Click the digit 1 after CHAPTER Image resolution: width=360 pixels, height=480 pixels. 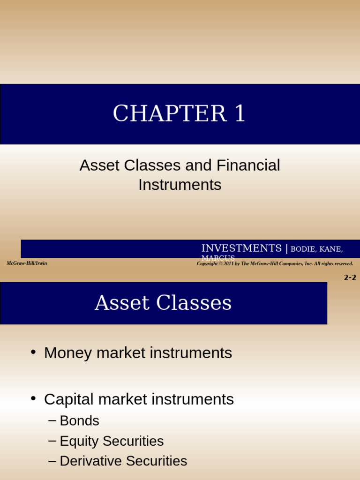[239, 114]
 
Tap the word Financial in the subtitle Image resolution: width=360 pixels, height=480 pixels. [248, 165]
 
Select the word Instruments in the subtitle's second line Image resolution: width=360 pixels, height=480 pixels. [180, 185]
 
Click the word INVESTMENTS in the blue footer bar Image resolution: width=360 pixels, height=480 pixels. [241, 248]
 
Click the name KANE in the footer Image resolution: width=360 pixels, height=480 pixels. [330, 249]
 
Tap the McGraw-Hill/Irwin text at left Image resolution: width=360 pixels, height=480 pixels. [27, 263]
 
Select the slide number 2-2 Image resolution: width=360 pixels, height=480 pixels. [350, 277]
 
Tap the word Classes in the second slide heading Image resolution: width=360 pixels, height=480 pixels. [194, 303]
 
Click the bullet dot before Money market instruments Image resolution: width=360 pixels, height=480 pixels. [33, 352]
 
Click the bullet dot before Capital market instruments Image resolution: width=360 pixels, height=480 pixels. [33, 398]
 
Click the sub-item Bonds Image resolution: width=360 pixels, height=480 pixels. [79, 421]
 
